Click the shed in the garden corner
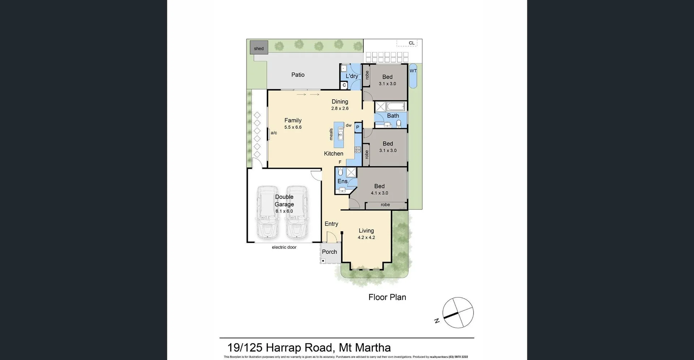pyautogui.click(x=259, y=48)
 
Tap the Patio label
pyautogui.click(x=298, y=75)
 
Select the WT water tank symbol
pyautogui.click(x=413, y=76)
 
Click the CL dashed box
pyautogui.click(x=407, y=43)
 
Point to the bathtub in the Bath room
pyautogui.click(x=396, y=107)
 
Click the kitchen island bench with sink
pyautogui.click(x=339, y=135)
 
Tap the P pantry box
pyautogui.click(x=357, y=127)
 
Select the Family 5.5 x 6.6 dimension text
pyautogui.click(x=293, y=127)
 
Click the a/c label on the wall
pyautogui.click(x=274, y=133)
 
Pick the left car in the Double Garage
pyautogui.click(x=267, y=213)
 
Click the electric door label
pyautogui.click(x=284, y=247)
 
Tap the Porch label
pyautogui.click(x=329, y=252)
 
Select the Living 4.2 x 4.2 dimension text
pyautogui.click(x=366, y=237)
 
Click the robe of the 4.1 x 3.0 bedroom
pyautogui.click(x=385, y=205)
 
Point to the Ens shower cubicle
pyautogui.click(x=351, y=172)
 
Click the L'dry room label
pyautogui.click(x=352, y=76)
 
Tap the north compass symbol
pyautogui.click(x=458, y=313)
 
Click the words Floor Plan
pyautogui.click(x=387, y=297)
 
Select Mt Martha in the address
pyautogui.click(x=365, y=348)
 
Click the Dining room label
pyautogui.click(x=340, y=102)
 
